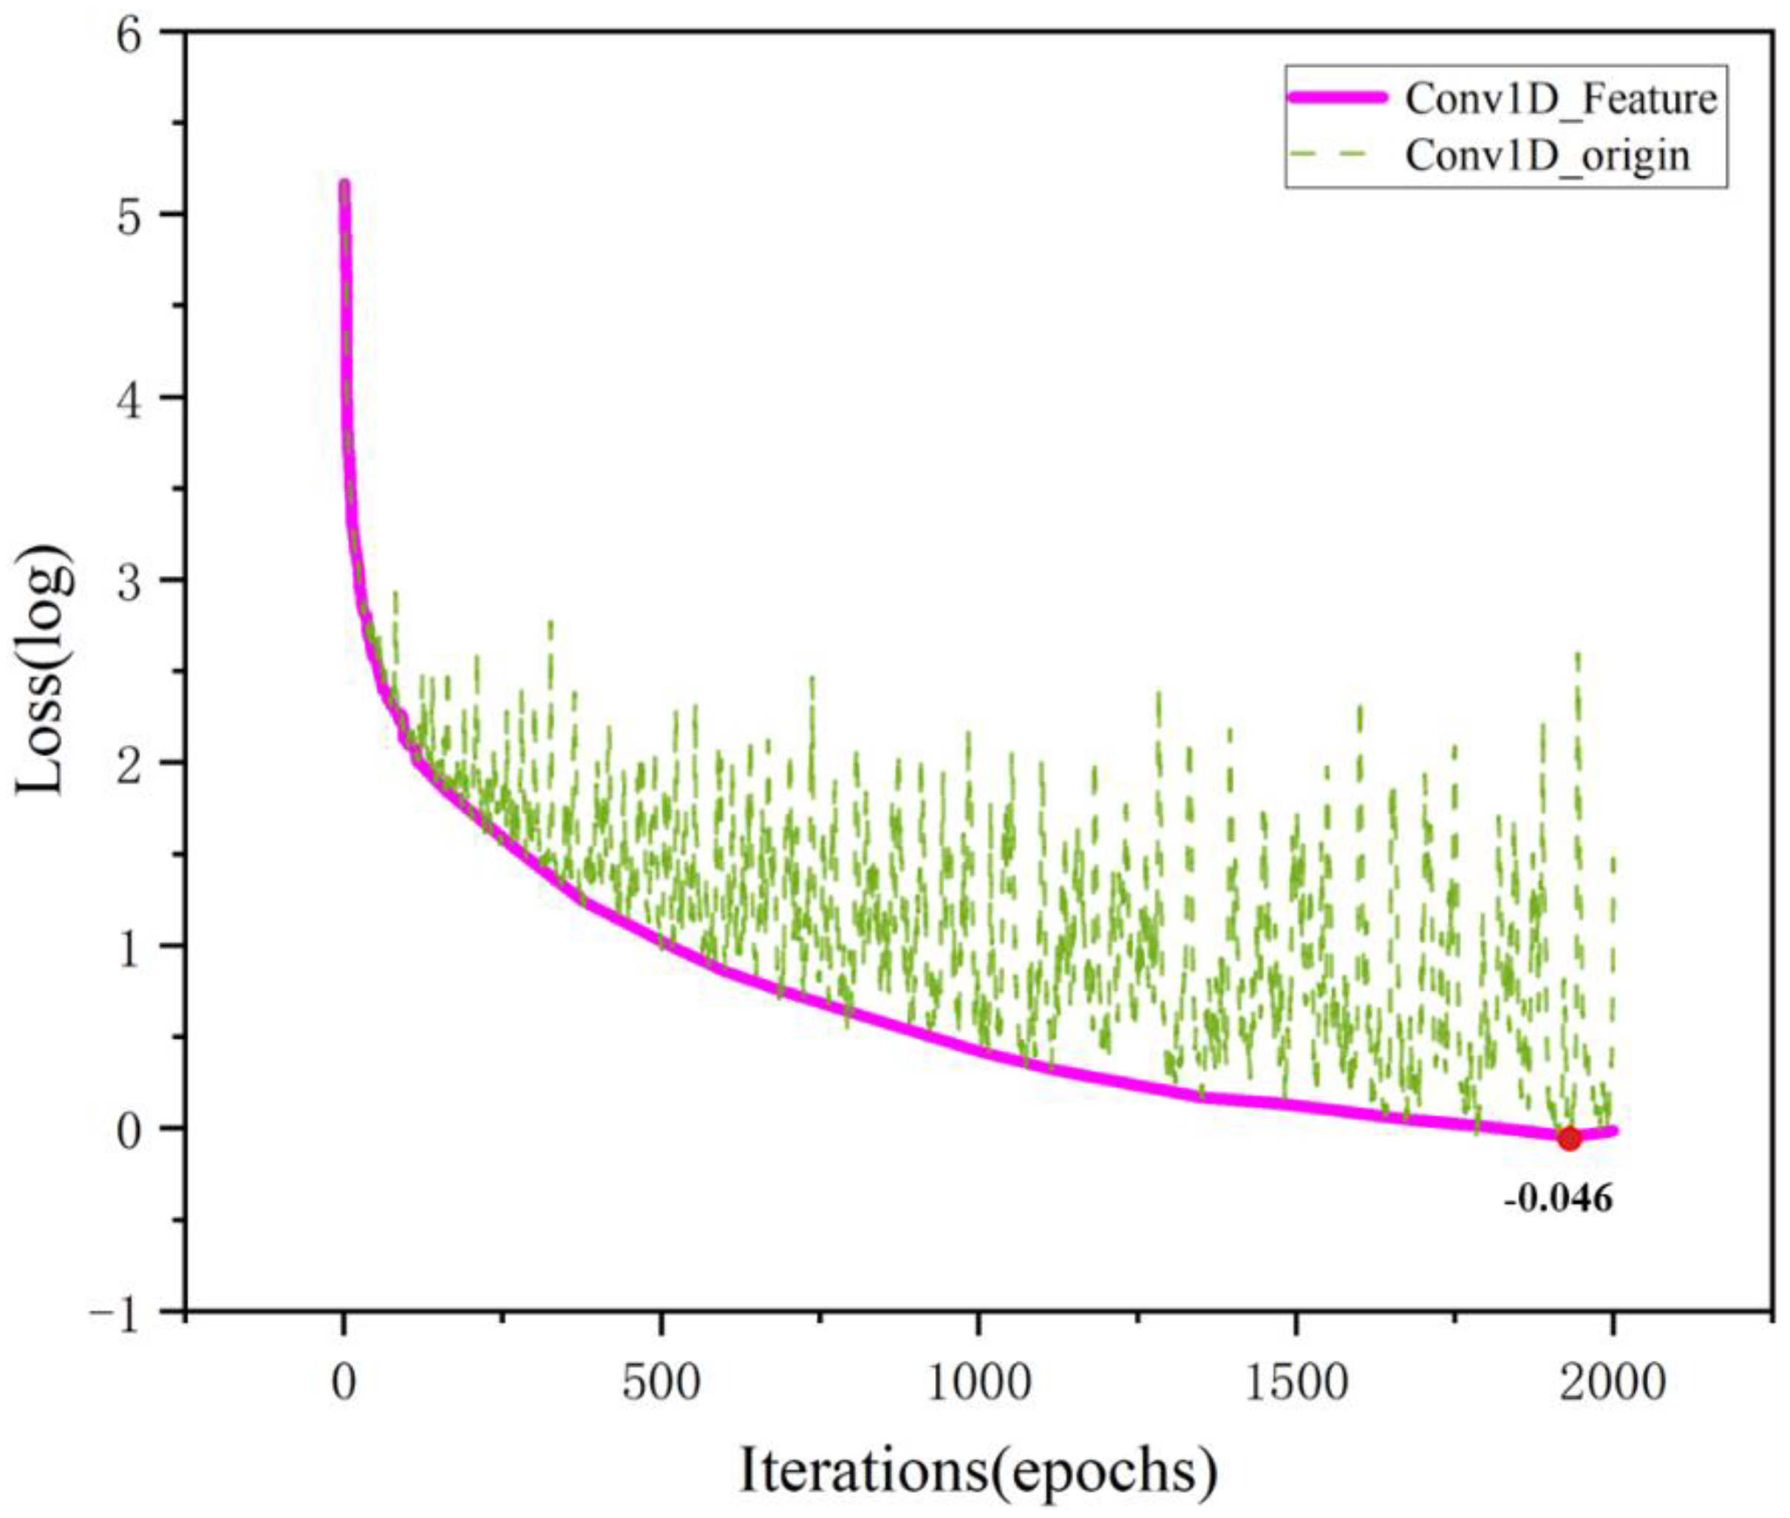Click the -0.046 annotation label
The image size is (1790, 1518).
(1559, 1199)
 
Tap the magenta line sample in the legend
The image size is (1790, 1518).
(1338, 99)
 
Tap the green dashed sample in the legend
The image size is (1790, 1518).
(1338, 156)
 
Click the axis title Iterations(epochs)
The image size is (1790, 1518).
(979, 1471)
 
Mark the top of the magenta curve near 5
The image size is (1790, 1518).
(344, 185)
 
